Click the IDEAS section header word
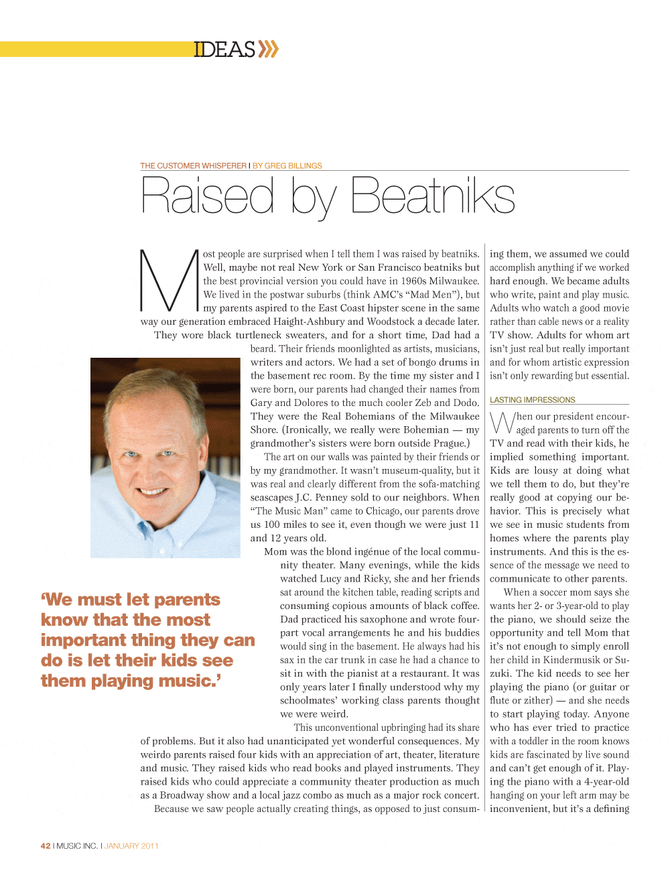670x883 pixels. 224,50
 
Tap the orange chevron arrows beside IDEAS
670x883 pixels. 269,49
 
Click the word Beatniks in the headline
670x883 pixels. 432,196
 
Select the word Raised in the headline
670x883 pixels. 208,196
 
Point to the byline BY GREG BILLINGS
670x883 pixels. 287,165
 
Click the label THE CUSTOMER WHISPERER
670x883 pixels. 193,165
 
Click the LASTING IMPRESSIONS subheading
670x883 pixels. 532,400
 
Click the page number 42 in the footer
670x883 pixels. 46,845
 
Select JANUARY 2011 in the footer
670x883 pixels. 131,845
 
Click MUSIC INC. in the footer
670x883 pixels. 77,845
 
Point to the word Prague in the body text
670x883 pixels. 449,444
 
